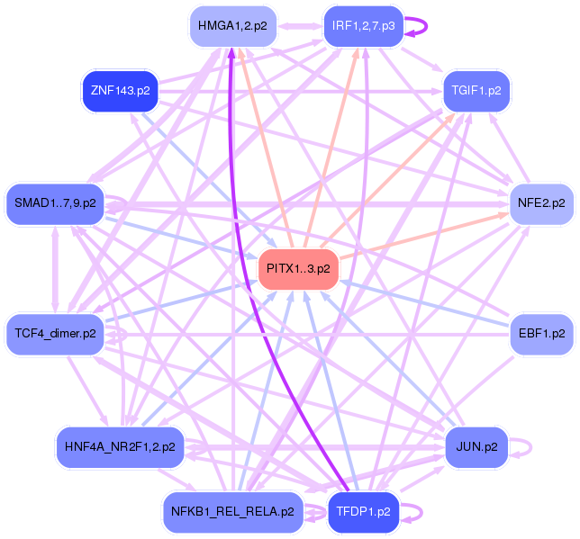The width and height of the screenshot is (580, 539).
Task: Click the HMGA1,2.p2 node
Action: (x=232, y=26)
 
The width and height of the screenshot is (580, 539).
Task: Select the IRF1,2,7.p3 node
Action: (x=363, y=26)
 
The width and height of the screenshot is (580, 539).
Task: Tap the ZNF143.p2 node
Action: (x=120, y=91)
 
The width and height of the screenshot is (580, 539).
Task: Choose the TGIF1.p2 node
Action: (x=476, y=91)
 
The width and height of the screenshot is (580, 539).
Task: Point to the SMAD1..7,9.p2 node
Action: (x=55, y=203)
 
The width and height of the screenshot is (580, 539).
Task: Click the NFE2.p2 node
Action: (x=541, y=203)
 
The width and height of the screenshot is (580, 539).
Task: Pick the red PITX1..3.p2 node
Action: (x=298, y=269)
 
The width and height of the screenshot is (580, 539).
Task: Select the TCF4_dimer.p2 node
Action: (x=55, y=334)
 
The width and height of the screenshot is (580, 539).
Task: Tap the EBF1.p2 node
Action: (x=541, y=334)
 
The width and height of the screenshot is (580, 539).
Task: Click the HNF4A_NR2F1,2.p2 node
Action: (x=120, y=447)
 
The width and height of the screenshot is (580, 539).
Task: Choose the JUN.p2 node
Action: (x=476, y=447)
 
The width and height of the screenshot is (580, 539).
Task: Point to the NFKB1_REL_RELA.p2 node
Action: (x=232, y=512)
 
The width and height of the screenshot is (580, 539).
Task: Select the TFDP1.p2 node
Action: (x=363, y=512)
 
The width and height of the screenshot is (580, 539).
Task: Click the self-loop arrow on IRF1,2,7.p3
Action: (x=427, y=26)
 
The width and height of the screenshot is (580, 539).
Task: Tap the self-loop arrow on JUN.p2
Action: (x=531, y=447)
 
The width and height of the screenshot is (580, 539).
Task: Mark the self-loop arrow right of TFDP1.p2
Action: (x=421, y=512)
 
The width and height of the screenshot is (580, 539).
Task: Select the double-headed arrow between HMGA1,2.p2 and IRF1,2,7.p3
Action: (x=300, y=26)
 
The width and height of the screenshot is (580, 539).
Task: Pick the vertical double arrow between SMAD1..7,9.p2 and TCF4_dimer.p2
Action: (x=55, y=269)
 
